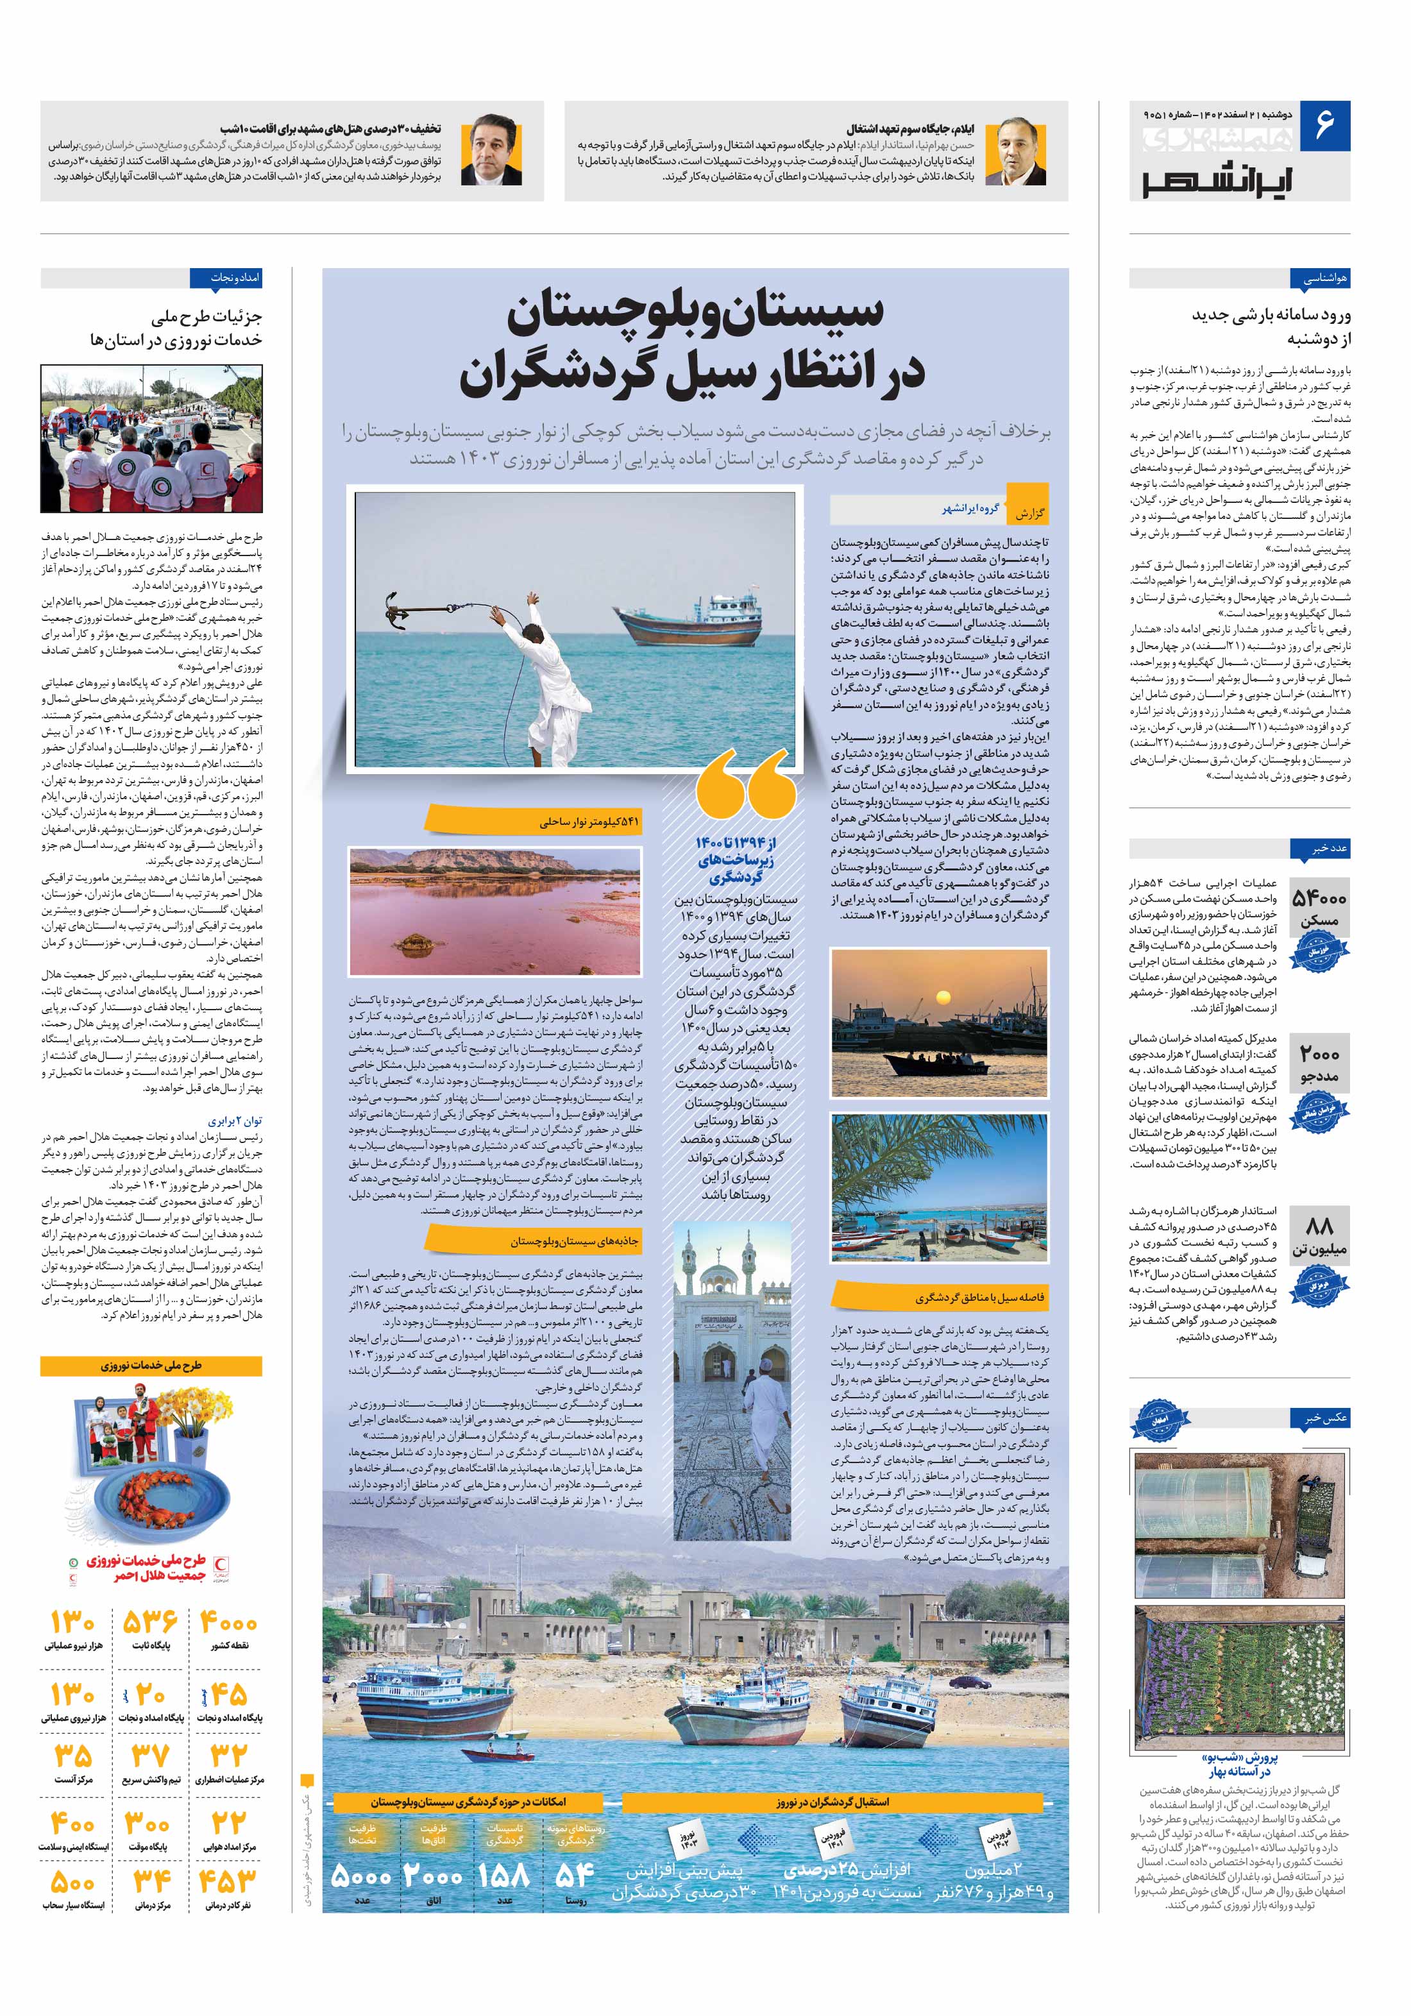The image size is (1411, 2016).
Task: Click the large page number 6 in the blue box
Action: click(1324, 124)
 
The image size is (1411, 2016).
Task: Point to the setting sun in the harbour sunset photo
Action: click(942, 997)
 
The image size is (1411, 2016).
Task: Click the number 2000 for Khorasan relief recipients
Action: click(1319, 1055)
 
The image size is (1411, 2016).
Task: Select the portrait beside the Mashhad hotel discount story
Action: click(493, 151)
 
